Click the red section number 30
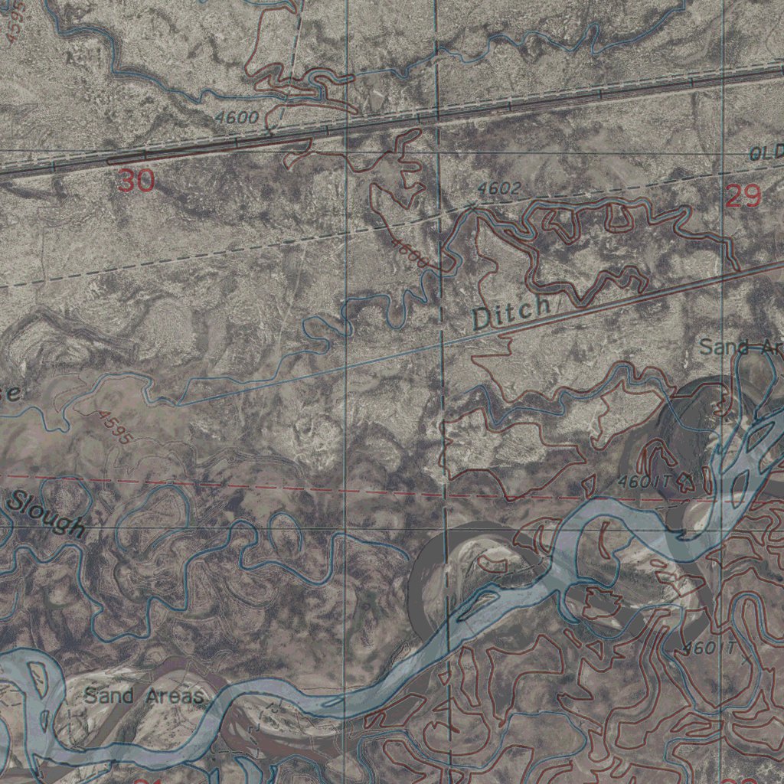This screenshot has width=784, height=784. pyautogui.click(x=136, y=181)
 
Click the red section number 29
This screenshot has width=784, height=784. pyautogui.click(x=743, y=197)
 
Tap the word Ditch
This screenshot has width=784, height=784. pyautogui.click(x=511, y=313)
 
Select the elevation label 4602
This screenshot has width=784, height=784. pyautogui.click(x=498, y=188)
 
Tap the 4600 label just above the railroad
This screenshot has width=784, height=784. pyautogui.click(x=237, y=119)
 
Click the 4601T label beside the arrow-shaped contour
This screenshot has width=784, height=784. pyautogui.click(x=644, y=483)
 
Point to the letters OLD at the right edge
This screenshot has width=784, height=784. pyautogui.click(x=766, y=153)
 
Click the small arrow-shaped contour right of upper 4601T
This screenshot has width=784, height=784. pyautogui.click(x=685, y=481)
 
